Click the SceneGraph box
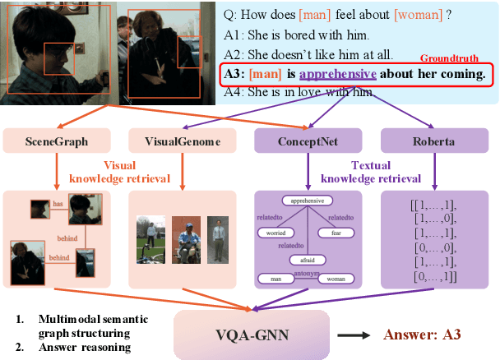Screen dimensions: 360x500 [x=57, y=142]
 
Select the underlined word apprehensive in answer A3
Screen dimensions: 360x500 [x=337, y=75]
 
